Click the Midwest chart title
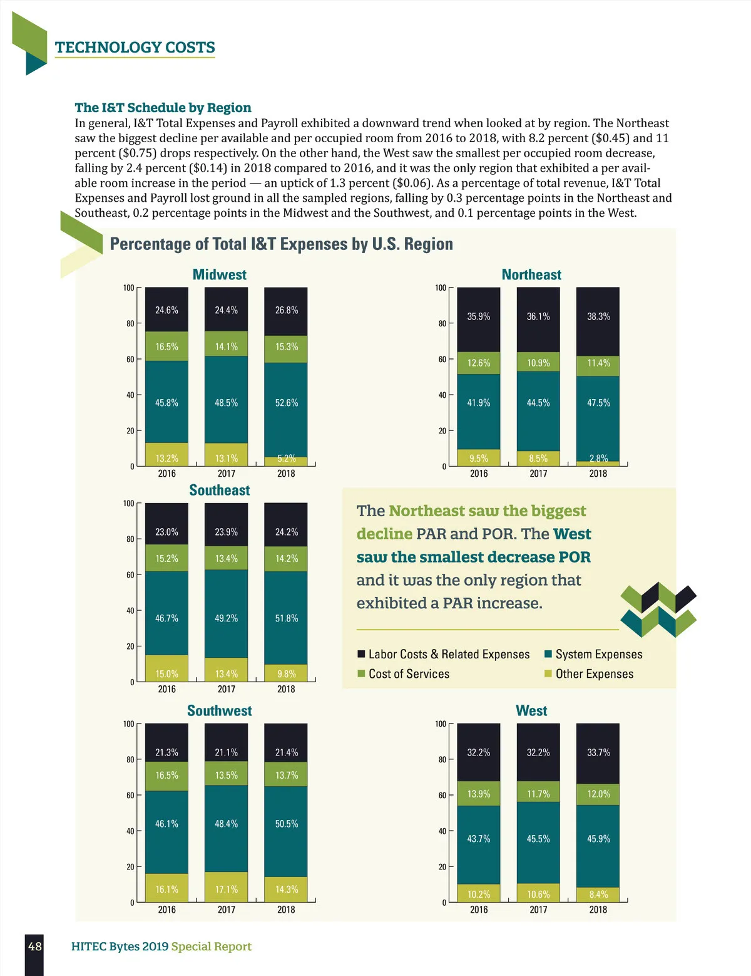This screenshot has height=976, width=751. tap(219, 274)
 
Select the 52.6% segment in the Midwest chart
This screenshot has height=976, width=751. tap(286, 403)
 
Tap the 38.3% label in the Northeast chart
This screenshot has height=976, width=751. tap(598, 316)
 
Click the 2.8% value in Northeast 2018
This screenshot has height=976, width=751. tap(598, 459)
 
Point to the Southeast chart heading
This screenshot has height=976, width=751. tap(219, 490)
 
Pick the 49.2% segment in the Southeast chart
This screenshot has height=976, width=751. tap(226, 618)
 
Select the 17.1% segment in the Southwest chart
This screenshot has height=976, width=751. tap(226, 889)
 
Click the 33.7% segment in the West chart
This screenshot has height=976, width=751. tap(598, 752)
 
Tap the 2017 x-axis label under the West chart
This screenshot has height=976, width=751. tap(538, 910)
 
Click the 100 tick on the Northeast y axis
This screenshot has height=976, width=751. tap(441, 288)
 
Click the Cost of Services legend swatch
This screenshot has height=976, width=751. tap(361, 674)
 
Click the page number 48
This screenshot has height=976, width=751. tap(35, 946)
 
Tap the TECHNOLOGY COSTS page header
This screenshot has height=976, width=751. tap(135, 48)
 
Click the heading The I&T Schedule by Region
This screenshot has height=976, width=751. tap(163, 108)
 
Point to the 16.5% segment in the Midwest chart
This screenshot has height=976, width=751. tap(166, 346)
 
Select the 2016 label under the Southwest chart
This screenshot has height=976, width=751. tap(166, 910)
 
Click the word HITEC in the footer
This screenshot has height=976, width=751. tap(88, 947)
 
